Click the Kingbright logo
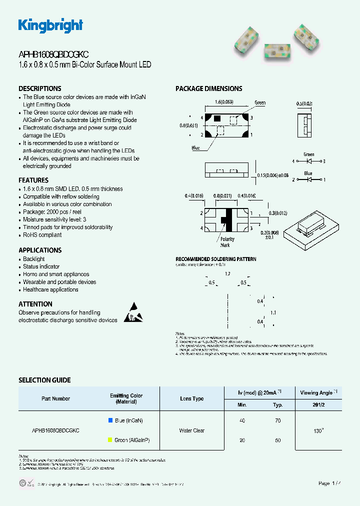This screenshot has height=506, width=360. pyautogui.click(x=50, y=25)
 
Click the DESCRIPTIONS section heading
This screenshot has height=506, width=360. pyautogui.click(x=40, y=88)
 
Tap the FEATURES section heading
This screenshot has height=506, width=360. pyautogui.click(x=33, y=180)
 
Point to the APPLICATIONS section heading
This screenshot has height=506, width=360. pyautogui.click(x=40, y=250)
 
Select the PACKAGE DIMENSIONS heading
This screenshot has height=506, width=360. pyautogui.click(x=208, y=88)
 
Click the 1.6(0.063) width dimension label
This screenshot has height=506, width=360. pyautogui.click(x=224, y=102)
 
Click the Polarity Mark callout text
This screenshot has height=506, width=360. pyautogui.click(x=227, y=242)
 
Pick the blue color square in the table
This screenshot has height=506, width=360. pyautogui.click(x=110, y=420)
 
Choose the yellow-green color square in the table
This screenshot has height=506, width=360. pyautogui.click(x=110, y=440)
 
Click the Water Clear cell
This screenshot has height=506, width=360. pyautogui.click(x=191, y=430)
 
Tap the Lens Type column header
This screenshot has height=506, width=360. pyautogui.click(x=191, y=398)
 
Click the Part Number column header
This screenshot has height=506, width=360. pyautogui.click(x=55, y=398)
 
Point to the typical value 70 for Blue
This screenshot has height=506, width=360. pyautogui.click(x=277, y=421)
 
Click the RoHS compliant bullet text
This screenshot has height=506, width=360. pyautogui.click(x=42, y=235)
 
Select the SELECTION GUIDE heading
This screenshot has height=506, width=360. pyautogui.click(x=44, y=380)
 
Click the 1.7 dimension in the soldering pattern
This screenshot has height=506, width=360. pyautogui.click(x=227, y=274)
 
